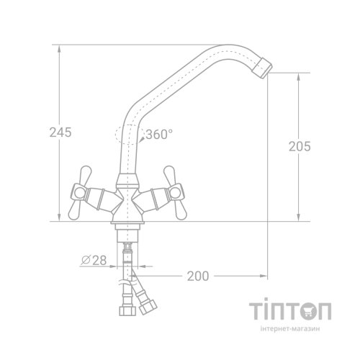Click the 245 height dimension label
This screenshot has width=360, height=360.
click(x=60, y=132)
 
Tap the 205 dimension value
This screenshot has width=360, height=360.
click(x=300, y=146)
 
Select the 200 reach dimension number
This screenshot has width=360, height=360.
click(x=198, y=276)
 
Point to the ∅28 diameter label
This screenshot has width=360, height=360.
click(x=94, y=261)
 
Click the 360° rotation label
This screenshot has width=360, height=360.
click(x=159, y=134)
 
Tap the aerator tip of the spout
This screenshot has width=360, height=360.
click(x=263, y=68)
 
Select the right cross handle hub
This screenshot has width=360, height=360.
click(x=175, y=192)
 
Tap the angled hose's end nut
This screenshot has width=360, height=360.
click(x=148, y=307)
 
